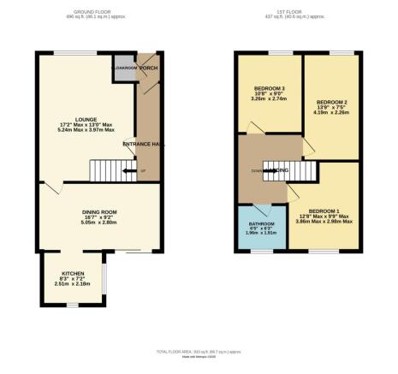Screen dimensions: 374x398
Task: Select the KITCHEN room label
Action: coord(73,273)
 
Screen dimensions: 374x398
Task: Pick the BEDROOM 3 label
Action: coord(270,87)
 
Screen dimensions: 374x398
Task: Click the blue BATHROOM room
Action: coord(261,229)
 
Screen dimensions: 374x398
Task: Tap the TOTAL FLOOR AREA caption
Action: coord(199,353)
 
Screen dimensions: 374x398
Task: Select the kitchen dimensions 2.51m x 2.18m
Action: coord(73,284)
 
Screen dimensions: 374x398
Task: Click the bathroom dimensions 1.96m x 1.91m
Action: coord(261,234)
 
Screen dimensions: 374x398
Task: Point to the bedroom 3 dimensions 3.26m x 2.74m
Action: coord(270,99)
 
